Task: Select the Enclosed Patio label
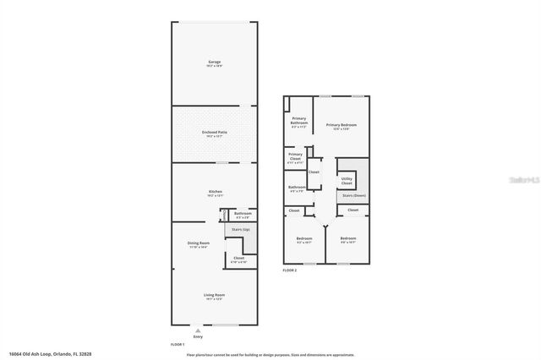tap(215, 134)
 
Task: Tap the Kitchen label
tap(215, 193)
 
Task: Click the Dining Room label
tap(197, 244)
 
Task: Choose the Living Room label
tap(215, 296)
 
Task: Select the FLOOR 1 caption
tap(177, 345)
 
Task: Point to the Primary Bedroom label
tap(342, 126)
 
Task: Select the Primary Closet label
tap(295, 156)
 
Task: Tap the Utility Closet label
tap(347, 181)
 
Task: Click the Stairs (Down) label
tap(352, 195)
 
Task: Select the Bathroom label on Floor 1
tap(243, 214)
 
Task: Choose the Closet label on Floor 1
tap(238, 259)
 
